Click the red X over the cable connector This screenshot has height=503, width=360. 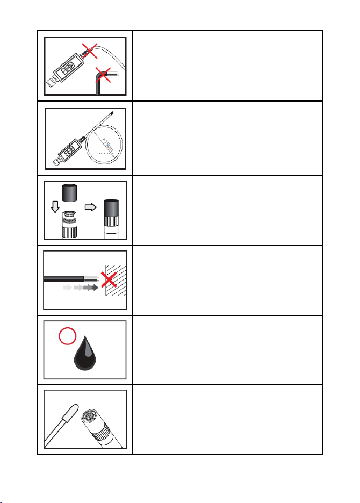click(90, 51)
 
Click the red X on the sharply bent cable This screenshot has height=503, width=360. click(103, 75)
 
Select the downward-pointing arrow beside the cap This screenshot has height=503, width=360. click(55, 206)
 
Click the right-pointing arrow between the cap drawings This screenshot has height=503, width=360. click(91, 207)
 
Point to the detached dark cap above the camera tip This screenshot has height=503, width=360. click(70, 193)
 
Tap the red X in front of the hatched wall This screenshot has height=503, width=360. click(109, 280)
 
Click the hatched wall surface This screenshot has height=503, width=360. click(116, 280)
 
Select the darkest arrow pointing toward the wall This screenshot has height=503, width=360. click(91, 288)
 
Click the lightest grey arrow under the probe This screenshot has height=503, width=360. click(67, 288)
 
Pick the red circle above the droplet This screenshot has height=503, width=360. click(68, 336)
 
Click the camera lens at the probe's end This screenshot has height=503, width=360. click(88, 416)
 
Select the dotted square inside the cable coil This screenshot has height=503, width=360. click(108, 145)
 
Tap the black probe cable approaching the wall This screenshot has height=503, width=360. click(64, 279)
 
